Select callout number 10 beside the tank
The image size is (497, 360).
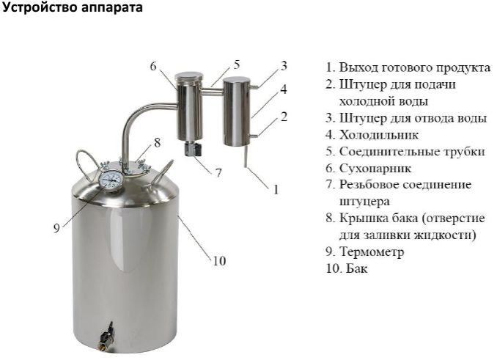click(x=219, y=260)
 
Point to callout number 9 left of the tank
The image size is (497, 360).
click(x=56, y=228)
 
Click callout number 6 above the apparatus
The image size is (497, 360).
click(x=153, y=66)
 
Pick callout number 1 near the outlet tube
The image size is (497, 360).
click(x=276, y=189)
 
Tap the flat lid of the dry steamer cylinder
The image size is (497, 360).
click(x=189, y=76)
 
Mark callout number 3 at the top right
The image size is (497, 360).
click(x=284, y=65)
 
